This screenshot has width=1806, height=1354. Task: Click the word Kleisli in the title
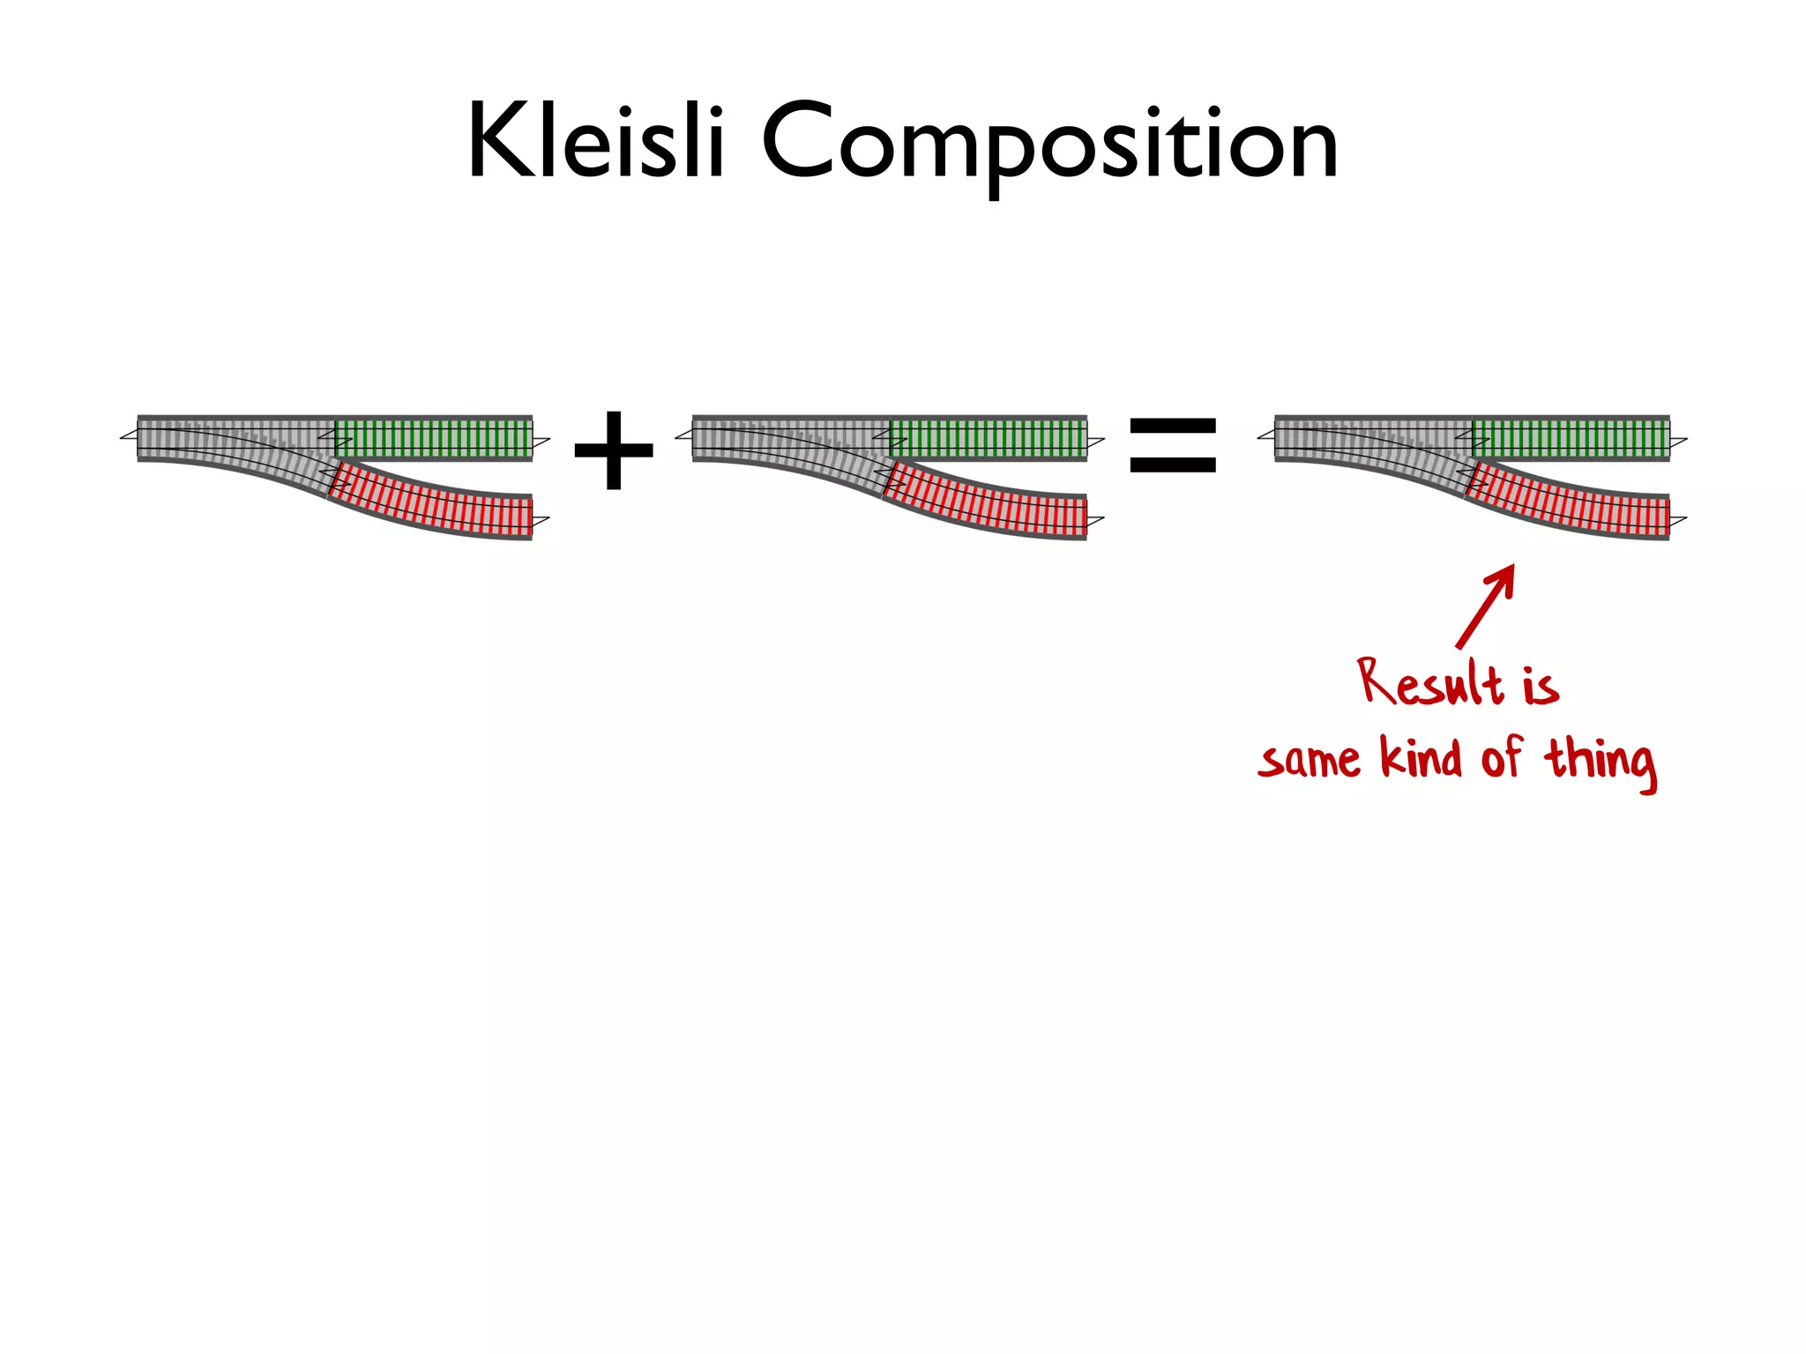(x=595, y=141)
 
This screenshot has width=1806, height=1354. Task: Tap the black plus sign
(x=614, y=450)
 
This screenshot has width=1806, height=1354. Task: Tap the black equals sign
(x=1173, y=445)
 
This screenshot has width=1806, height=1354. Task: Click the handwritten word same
(x=1310, y=760)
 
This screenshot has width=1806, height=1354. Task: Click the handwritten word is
(x=1541, y=685)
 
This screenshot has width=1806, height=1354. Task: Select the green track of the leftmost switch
(x=434, y=438)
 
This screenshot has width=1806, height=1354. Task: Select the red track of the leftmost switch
(x=432, y=503)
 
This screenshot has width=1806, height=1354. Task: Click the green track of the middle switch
(x=989, y=438)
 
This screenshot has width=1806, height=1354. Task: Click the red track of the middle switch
(x=987, y=503)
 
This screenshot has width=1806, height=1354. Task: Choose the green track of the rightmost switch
(x=1571, y=438)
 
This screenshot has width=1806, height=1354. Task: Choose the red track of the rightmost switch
(x=1569, y=503)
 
